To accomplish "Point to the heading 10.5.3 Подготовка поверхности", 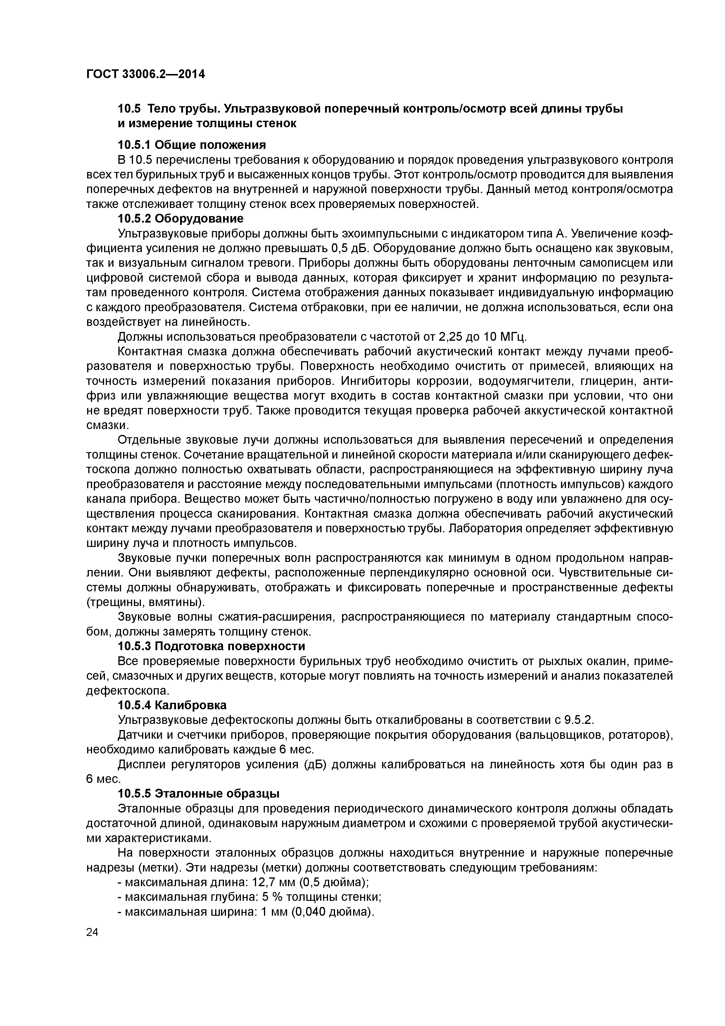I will pyautogui.click(x=211, y=646).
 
